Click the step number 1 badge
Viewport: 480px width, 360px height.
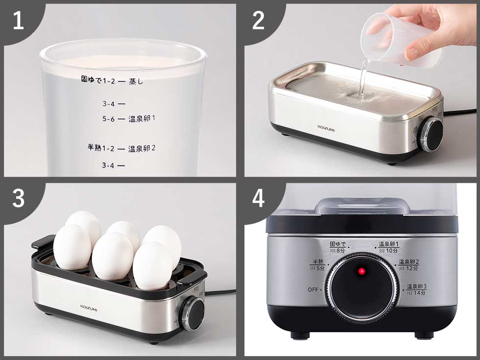18,21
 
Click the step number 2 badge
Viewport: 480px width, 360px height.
259,21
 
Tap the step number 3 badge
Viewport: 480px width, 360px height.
18,199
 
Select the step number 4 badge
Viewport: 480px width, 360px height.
259,199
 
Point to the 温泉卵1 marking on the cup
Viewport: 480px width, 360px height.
142,119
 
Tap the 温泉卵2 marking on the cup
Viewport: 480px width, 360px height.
142,148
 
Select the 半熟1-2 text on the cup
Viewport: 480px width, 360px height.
100,147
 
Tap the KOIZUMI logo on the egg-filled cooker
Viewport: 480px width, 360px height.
89,307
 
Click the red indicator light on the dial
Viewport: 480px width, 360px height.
361,271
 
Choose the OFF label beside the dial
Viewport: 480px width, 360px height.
313,289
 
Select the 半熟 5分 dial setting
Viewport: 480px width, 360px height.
317,265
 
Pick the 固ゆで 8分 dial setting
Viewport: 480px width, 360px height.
338,247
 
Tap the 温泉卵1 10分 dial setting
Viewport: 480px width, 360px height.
388,247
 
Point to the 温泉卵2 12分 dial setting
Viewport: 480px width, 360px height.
408,265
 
